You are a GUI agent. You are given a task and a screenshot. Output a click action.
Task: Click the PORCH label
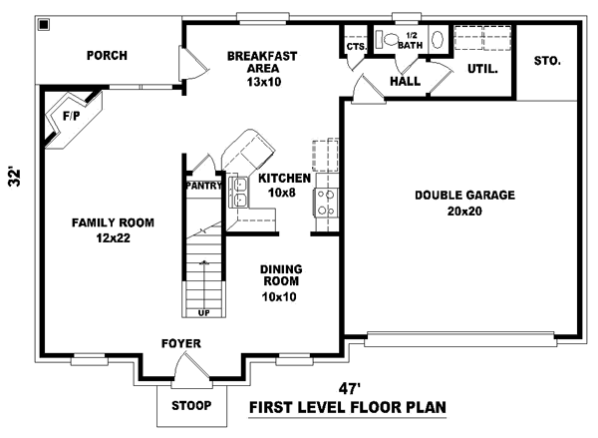click(x=106, y=55)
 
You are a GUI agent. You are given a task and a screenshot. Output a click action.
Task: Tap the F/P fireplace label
click(x=72, y=116)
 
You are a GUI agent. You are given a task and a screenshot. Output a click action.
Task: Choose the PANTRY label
click(x=204, y=185)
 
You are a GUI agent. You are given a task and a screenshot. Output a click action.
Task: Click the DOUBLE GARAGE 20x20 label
click(x=464, y=203)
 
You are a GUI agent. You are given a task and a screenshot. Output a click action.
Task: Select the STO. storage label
click(x=547, y=61)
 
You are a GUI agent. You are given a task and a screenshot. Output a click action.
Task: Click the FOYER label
click(x=181, y=344)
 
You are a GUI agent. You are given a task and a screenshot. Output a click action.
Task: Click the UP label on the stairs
click(x=203, y=313)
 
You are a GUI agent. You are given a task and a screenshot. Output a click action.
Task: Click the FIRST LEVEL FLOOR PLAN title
click(x=346, y=407)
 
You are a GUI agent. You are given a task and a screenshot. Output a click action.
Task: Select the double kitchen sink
click(x=240, y=191)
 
